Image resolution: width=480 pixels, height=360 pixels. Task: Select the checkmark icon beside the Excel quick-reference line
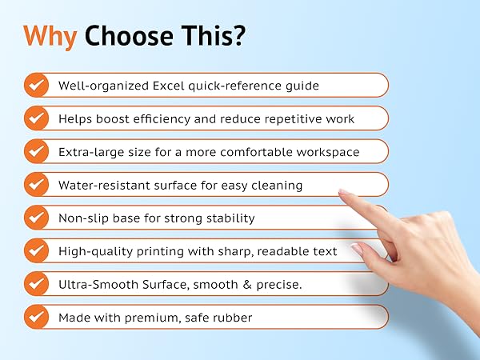coord(36,85)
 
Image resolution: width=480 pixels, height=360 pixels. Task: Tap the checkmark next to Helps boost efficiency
coord(36,118)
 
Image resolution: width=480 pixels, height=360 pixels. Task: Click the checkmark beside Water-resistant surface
coord(36,185)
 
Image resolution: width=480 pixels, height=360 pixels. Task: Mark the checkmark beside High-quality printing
coord(36,251)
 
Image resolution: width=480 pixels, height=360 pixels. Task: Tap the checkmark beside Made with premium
coord(36,318)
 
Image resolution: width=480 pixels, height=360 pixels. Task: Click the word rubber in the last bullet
coord(232,318)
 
